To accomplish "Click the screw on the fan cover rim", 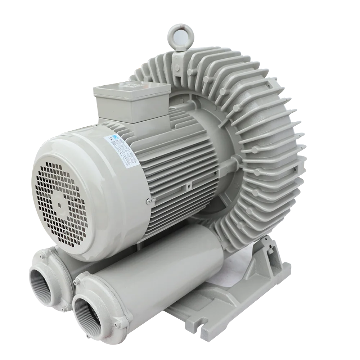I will point(148,202).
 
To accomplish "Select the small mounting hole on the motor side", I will point(188,187).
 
